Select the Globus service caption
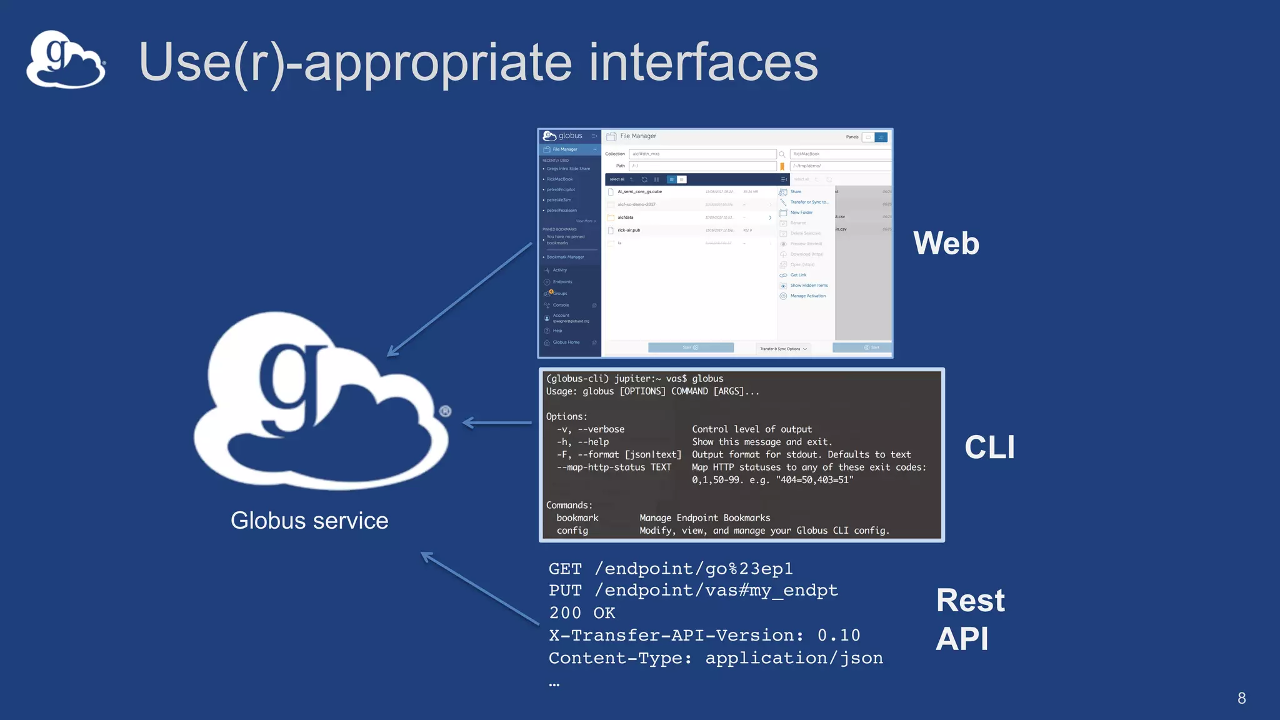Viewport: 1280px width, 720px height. (x=309, y=521)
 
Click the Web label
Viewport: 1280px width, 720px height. (x=946, y=243)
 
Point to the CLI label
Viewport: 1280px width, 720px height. (x=989, y=447)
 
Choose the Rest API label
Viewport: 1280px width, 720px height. (x=969, y=619)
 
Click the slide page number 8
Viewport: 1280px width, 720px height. (x=1241, y=698)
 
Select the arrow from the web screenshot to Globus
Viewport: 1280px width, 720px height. (x=459, y=299)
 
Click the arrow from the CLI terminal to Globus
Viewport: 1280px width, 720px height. (x=497, y=423)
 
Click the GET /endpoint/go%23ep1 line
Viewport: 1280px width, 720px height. (x=671, y=569)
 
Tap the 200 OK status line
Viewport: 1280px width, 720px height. (x=582, y=613)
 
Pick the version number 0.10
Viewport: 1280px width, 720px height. (x=839, y=636)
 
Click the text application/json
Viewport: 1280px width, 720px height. (x=794, y=658)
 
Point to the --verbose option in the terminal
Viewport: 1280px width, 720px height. (x=601, y=429)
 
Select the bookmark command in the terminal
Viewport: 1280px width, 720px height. (x=577, y=518)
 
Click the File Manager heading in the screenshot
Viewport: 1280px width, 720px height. (x=637, y=136)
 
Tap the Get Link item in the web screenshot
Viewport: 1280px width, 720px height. (x=798, y=275)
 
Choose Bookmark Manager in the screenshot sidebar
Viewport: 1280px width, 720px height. (x=565, y=257)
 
